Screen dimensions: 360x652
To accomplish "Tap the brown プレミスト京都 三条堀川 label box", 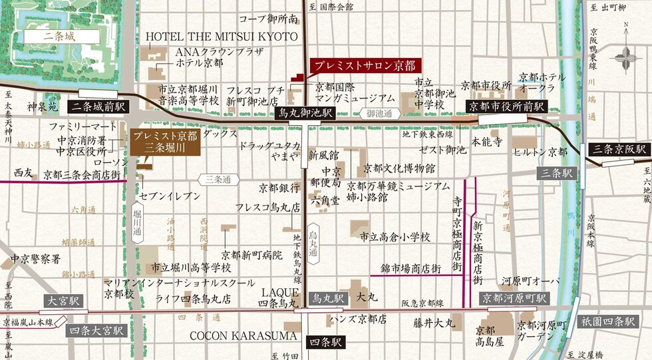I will click(x=164, y=142).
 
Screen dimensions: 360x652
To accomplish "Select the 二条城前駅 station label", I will click(x=99, y=106).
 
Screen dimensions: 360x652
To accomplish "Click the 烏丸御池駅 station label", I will click(x=305, y=113).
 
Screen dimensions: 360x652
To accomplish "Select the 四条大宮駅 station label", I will click(x=97, y=330).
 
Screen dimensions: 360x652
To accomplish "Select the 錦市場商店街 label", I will click(x=410, y=268).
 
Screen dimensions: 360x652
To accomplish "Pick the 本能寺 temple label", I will click(x=486, y=141).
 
